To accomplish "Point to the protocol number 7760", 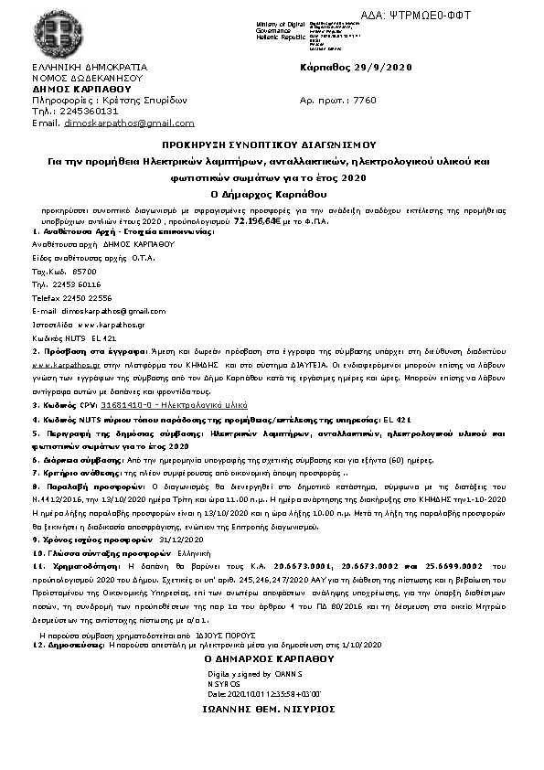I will pyautogui.click(x=364, y=101).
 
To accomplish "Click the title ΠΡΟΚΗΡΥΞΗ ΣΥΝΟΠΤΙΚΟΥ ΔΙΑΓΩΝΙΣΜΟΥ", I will pyautogui.click(x=270, y=145).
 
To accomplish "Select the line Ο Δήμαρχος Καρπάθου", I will pyautogui.click(x=270, y=194).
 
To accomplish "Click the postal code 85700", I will pyautogui.click(x=83, y=272).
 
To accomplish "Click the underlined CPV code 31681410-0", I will pyautogui.click(x=129, y=403).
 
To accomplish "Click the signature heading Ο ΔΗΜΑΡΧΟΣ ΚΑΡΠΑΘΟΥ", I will pyautogui.click(x=269, y=658).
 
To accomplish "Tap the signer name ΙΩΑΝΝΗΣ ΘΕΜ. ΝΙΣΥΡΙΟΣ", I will pyautogui.click(x=269, y=710).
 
